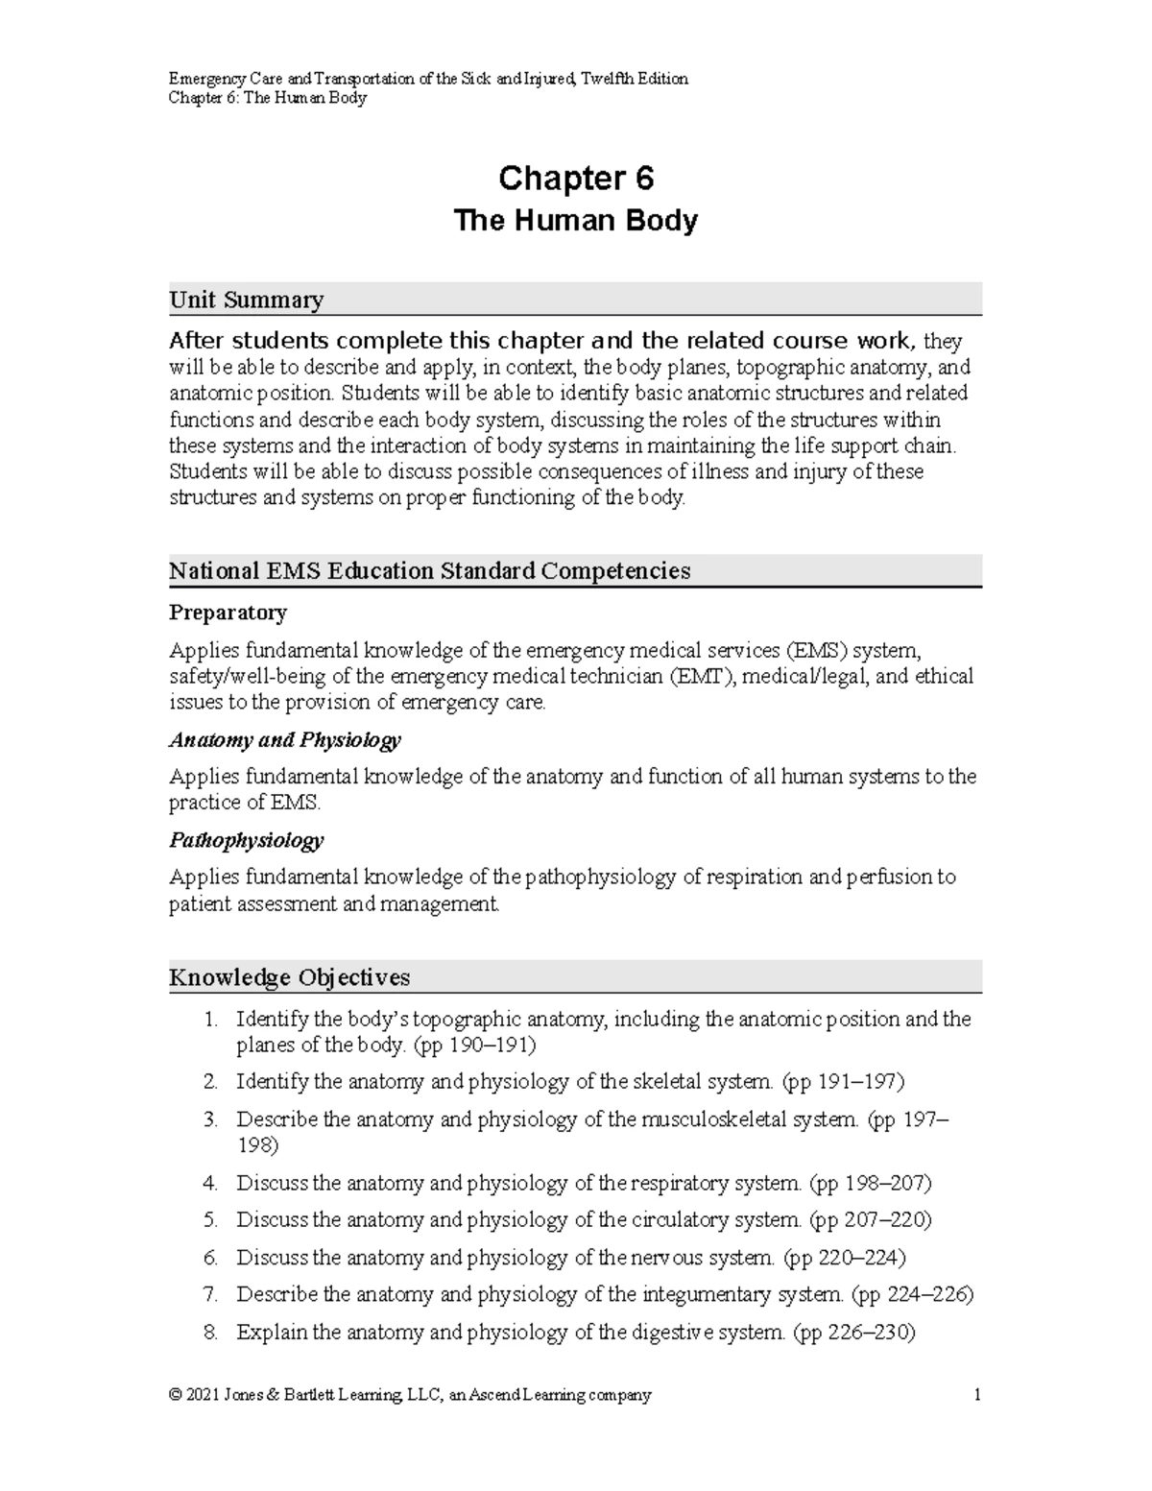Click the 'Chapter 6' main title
tap(575, 179)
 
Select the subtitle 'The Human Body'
tap(575, 222)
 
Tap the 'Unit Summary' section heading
tap(246, 301)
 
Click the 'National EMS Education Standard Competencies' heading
tap(429, 571)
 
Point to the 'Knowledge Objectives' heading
tap(289, 977)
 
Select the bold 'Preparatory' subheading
tap(228, 613)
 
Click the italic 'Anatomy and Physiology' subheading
tap(284, 740)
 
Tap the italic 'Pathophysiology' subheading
tap(246, 841)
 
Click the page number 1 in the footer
tap(977, 1395)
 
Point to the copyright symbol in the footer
tap(175, 1395)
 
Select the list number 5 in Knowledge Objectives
tap(210, 1220)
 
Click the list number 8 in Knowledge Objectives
tap(210, 1333)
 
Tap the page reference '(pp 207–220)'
tap(870, 1220)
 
